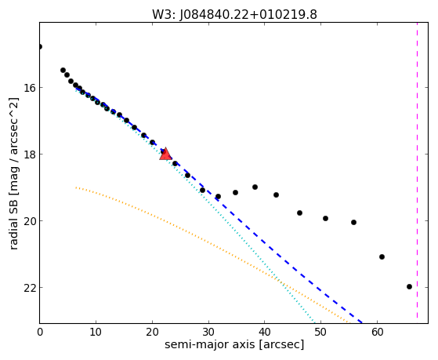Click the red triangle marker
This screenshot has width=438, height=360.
click(x=165, y=154)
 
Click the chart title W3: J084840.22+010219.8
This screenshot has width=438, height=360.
click(x=234, y=15)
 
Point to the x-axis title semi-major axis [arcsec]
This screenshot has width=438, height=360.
click(x=234, y=344)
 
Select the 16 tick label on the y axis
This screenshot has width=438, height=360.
click(x=29, y=88)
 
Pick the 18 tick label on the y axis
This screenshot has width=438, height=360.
click(x=29, y=155)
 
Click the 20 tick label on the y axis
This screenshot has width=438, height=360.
click(x=29, y=221)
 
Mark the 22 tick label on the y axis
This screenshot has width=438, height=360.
click(x=29, y=288)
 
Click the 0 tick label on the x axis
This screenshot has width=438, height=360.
click(x=40, y=332)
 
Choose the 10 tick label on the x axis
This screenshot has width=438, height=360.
click(x=96, y=332)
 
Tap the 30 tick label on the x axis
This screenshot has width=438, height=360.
click(x=208, y=332)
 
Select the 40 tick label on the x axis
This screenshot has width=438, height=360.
click(x=264, y=332)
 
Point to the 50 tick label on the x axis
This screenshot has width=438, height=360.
click(x=320, y=332)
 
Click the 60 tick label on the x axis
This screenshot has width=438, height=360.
click(x=377, y=332)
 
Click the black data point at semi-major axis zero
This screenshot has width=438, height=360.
click(x=40, y=47)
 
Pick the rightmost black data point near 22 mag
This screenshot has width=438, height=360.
click(x=409, y=287)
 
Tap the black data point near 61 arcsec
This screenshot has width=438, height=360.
click(x=382, y=256)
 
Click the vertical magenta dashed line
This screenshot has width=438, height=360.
click(x=417, y=170)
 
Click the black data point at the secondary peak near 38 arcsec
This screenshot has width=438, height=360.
click(x=255, y=187)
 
